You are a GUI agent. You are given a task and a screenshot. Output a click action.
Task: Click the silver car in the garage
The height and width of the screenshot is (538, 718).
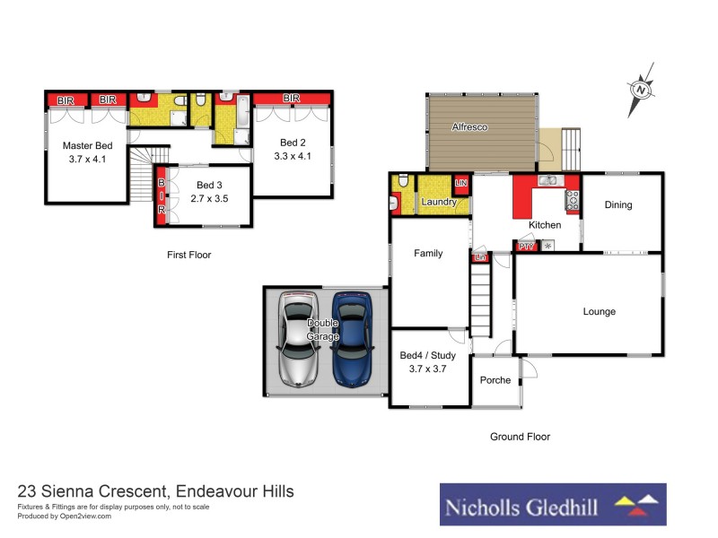tap(298, 340)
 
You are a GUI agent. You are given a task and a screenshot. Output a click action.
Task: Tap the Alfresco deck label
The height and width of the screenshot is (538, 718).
tap(468, 128)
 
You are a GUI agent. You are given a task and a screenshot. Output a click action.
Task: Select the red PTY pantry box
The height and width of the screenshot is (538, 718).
tap(525, 246)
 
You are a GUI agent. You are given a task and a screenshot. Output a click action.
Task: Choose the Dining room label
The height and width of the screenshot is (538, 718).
tap(617, 204)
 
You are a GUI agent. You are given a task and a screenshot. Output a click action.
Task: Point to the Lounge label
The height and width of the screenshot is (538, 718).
tap(599, 312)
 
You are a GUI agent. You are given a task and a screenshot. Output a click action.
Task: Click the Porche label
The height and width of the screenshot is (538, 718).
tap(495, 380)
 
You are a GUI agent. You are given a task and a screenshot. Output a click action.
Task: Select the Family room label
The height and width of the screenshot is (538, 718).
tap(428, 253)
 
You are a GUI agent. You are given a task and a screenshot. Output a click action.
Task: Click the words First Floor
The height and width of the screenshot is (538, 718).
tap(188, 255)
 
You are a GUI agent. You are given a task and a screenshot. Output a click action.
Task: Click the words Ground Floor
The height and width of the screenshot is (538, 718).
tap(520, 437)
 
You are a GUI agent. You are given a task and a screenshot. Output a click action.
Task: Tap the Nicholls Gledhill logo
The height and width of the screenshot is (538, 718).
tap(552, 505)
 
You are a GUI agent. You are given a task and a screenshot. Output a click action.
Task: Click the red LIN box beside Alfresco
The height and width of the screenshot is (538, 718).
tap(461, 184)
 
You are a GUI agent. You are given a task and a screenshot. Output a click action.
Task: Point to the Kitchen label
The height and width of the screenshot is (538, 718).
tap(545, 225)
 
